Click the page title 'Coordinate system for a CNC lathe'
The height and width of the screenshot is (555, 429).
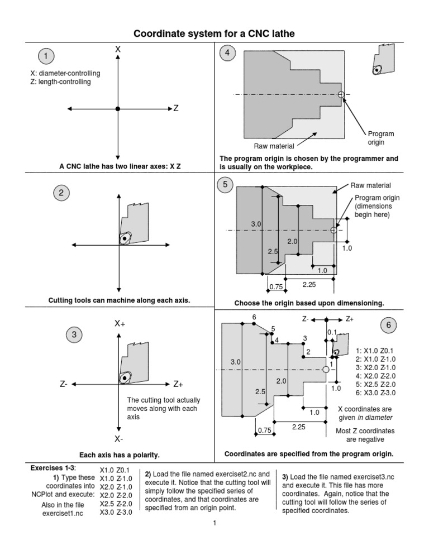click(213, 35)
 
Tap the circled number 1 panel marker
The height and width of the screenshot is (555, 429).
click(46, 56)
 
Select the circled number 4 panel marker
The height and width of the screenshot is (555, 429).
click(227, 55)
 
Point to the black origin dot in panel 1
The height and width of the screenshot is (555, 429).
click(117, 108)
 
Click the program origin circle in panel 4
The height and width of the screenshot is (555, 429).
click(341, 95)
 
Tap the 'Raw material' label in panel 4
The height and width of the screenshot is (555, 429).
click(274, 146)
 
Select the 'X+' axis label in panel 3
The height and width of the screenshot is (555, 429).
click(120, 324)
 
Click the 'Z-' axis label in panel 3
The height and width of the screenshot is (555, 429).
click(64, 384)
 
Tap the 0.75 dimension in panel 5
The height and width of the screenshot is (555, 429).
click(275, 286)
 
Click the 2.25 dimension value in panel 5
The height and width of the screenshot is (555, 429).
click(309, 285)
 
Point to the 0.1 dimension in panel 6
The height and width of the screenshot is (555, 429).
click(332, 333)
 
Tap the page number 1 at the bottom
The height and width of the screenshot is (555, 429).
click(213, 539)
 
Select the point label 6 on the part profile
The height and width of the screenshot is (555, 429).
click(254, 317)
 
